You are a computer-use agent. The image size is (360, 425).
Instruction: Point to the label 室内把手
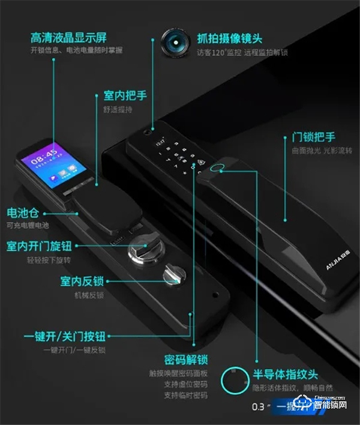[125, 95]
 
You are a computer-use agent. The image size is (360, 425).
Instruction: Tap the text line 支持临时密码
[185, 396]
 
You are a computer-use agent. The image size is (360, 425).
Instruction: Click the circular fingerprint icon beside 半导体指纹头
[235, 380]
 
